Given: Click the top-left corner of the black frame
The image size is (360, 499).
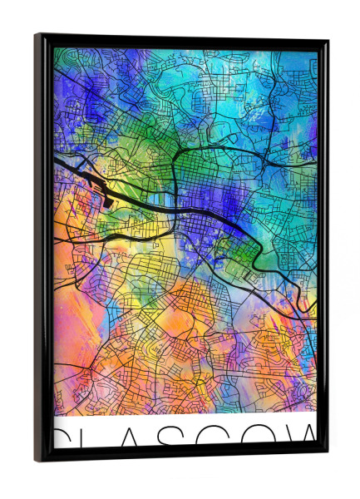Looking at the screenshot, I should pyautogui.click(x=37, y=36).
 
